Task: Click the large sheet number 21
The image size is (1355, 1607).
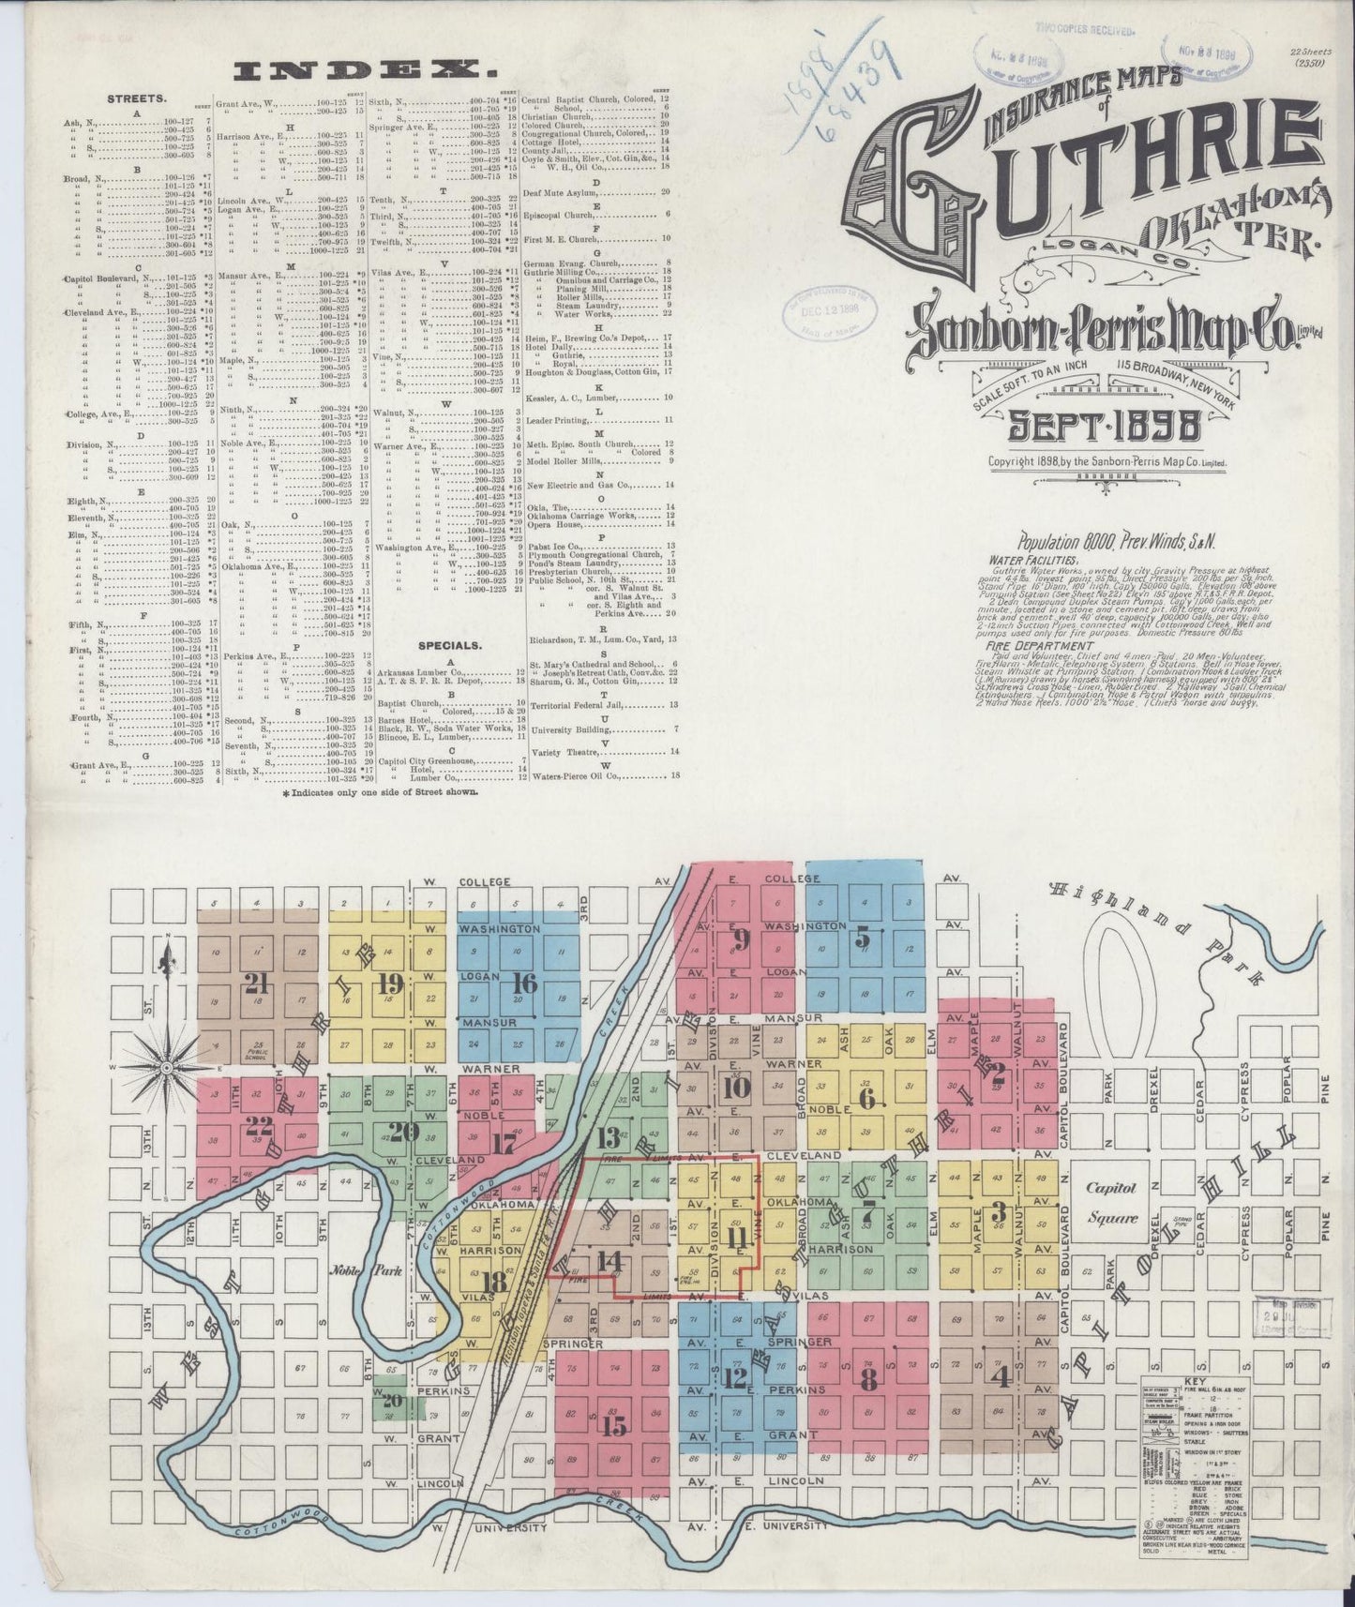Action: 254,983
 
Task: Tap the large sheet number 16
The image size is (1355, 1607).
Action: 525,983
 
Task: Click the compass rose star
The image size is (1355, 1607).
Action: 166,1067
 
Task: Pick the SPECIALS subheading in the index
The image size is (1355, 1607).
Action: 451,645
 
